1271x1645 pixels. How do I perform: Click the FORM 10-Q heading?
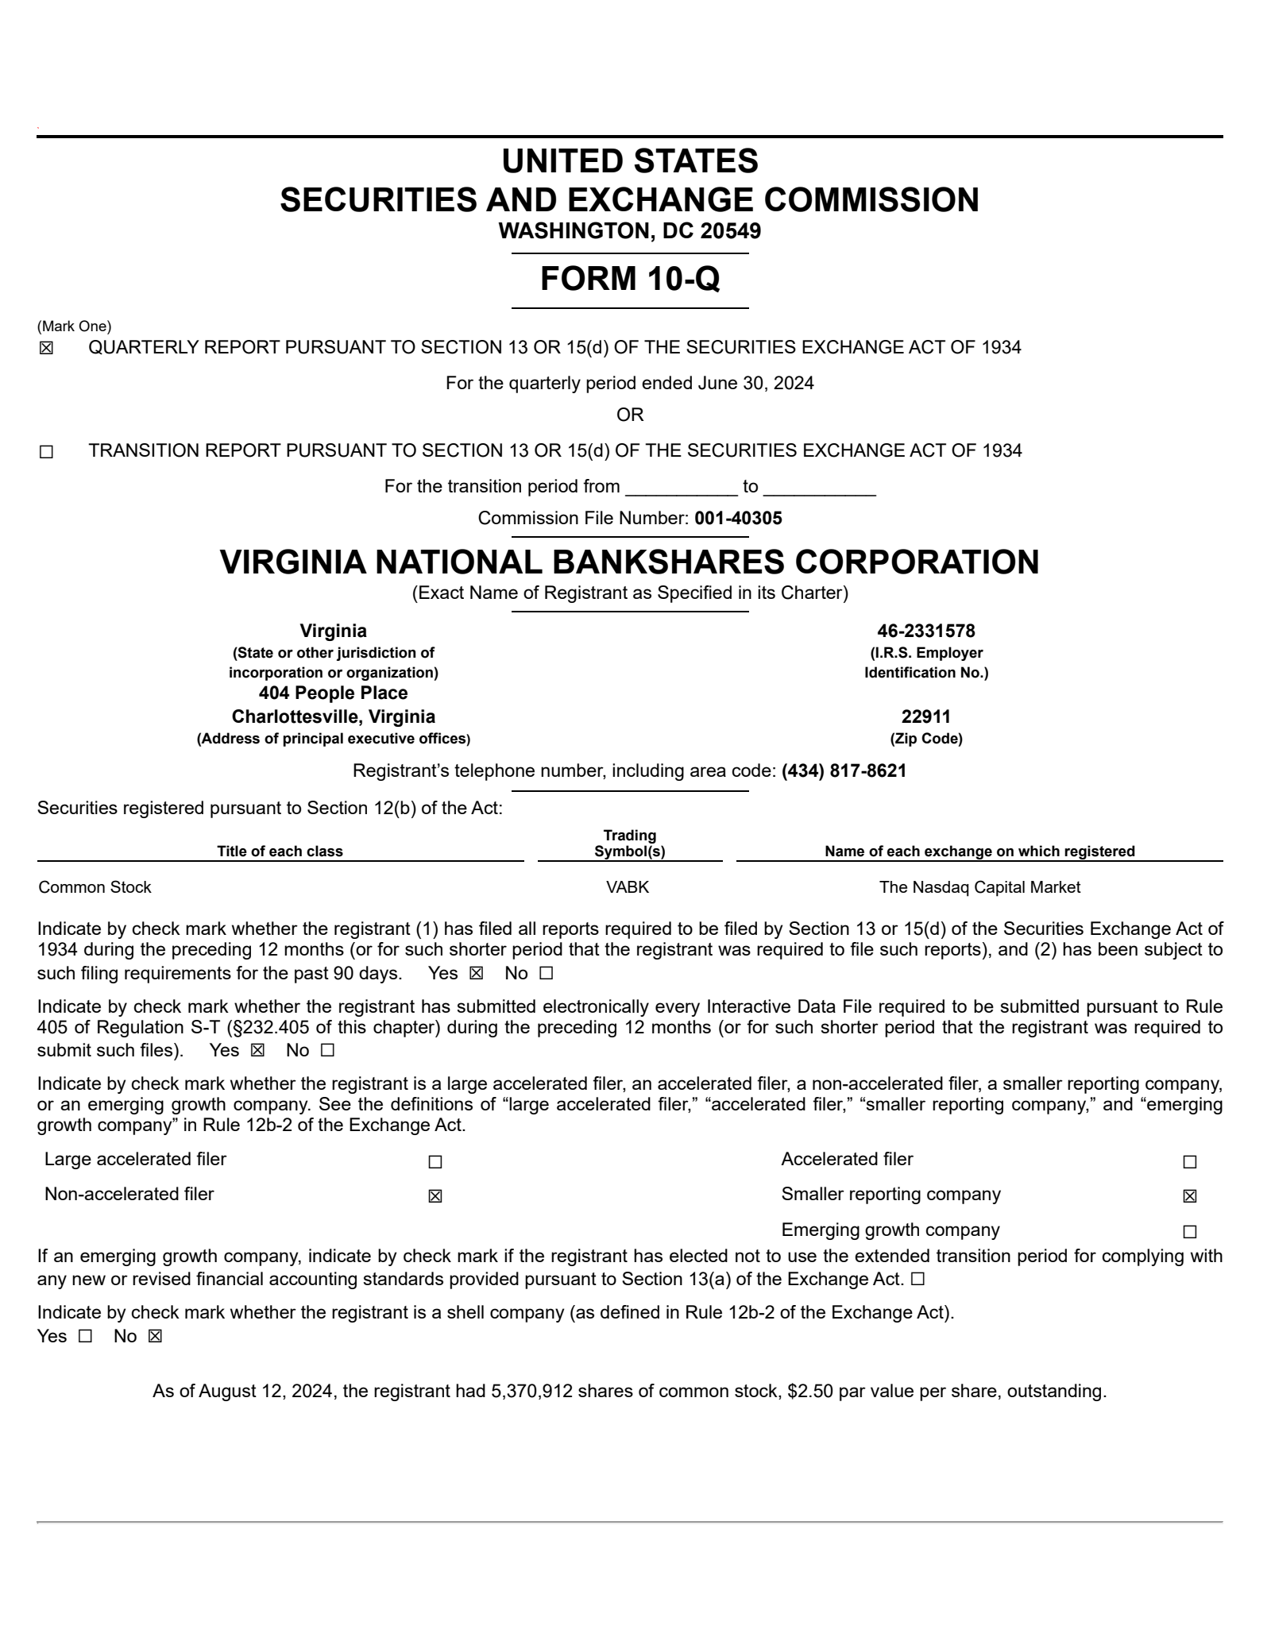pyautogui.click(x=630, y=279)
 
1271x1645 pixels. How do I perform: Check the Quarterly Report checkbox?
pyautogui.click(x=46, y=349)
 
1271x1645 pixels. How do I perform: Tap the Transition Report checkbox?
pyautogui.click(x=46, y=452)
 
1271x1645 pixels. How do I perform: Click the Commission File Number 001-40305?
pyautogui.click(x=738, y=519)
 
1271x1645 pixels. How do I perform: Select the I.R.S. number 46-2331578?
pyautogui.click(x=925, y=631)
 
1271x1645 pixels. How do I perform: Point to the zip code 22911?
pyautogui.click(x=925, y=716)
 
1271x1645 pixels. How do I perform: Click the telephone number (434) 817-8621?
pyautogui.click(x=844, y=770)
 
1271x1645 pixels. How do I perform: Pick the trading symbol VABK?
pyautogui.click(x=628, y=887)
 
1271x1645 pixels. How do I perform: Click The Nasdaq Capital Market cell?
pyautogui.click(x=979, y=887)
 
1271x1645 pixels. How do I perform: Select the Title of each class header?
pyautogui.click(x=280, y=851)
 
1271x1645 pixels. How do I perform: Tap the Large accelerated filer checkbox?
pyautogui.click(x=435, y=1162)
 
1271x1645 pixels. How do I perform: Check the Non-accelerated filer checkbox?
pyautogui.click(x=435, y=1196)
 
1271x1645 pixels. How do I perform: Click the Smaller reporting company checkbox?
pyautogui.click(x=1189, y=1196)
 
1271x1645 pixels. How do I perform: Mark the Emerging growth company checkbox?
pyautogui.click(x=1189, y=1232)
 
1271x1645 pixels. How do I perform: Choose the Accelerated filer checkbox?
pyautogui.click(x=1189, y=1162)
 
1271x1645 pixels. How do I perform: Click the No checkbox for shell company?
pyautogui.click(x=155, y=1336)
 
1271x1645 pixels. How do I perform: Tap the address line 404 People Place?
pyautogui.click(x=333, y=693)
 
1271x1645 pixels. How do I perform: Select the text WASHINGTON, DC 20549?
pyautogui.click(x=630, y=231)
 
